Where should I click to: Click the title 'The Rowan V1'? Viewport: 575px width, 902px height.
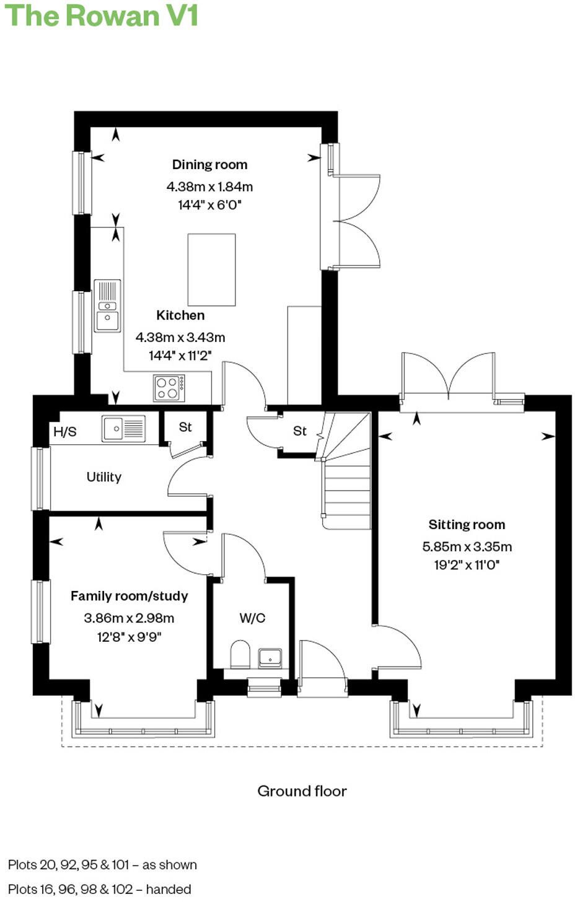point(101,15)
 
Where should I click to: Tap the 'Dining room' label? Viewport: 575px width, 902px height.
point(209,165)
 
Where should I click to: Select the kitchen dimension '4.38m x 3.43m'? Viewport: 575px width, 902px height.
point(180,338)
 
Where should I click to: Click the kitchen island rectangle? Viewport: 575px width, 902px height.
point(211,269)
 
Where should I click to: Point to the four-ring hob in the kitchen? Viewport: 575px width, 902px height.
point(169,388)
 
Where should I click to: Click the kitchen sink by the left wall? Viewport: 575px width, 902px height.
point(107,306)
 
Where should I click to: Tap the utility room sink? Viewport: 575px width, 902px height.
point(124,428)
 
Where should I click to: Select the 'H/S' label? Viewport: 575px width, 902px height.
point(64,432)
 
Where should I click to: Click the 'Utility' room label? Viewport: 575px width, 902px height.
point(103,477)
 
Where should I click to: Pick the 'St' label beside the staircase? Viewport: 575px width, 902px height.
point(299,431)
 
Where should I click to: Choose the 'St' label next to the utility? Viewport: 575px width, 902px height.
point(185,427)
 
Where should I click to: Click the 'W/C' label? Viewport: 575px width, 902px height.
point(252,618)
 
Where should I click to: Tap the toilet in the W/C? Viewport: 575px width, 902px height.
point(240,655)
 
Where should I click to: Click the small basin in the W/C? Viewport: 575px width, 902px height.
point(270,657)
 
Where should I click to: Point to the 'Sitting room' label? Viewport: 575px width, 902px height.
point(467,525)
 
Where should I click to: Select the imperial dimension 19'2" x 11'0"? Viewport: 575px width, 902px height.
point(467,565)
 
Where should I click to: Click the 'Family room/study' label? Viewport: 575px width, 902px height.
point(129,596)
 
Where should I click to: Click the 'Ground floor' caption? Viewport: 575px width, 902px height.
point(302,791)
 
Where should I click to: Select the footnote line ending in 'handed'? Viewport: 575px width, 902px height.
point(100,889)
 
